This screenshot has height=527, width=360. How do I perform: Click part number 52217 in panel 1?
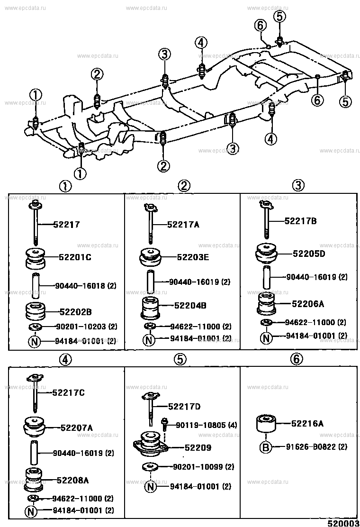point(66,224)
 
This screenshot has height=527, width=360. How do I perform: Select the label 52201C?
point(75,257)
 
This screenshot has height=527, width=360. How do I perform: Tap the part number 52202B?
point(76,312)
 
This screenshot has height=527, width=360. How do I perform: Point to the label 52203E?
point(193,257)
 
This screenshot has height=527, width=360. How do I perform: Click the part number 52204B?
point(190,306)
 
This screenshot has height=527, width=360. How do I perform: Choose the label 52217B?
point(301,221)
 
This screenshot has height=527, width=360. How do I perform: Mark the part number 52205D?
point(309,254)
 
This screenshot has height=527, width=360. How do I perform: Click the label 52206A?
point(308,304)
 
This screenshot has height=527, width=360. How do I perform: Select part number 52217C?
point(69,392)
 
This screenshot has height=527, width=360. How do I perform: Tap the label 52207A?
point(77,427)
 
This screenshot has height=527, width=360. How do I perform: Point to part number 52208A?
point(72,480)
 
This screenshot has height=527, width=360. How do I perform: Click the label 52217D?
point(184,407)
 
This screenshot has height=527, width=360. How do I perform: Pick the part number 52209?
point(198,448)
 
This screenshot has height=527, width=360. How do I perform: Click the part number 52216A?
point(307,424)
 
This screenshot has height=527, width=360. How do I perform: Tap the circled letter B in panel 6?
point(266,447)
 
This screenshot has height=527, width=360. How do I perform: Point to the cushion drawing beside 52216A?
point(266,424)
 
